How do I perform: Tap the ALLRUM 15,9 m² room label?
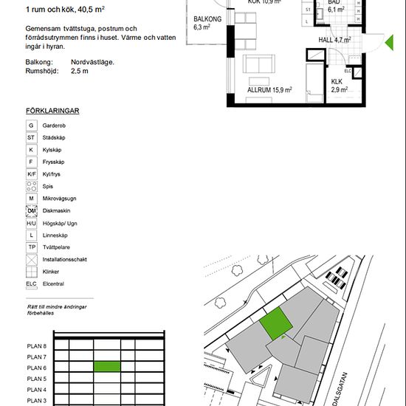coord(269,90)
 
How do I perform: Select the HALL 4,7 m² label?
coord(334,40)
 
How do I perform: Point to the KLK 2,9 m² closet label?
coord(340,86)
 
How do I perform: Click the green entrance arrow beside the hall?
coord(390,43)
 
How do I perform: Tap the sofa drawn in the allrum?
coord(258,63)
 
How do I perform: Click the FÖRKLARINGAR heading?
coord(52,111)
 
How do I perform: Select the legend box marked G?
coord(31,125)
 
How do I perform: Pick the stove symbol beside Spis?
coord(31,186)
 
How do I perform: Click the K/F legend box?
coord(31,174)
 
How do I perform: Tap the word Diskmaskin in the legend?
coord(56,211)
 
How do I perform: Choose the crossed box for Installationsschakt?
coord(31,260)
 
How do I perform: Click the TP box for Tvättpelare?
coord(31,247)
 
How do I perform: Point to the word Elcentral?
coord(53,283)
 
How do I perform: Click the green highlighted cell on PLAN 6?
coord(107,366)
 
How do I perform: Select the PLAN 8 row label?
coord(36,346)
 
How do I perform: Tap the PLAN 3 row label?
coord(36,401)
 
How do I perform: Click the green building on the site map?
coord(276,323)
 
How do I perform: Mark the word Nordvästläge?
coord(92,62)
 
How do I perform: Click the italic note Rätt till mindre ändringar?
coord(57,307)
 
